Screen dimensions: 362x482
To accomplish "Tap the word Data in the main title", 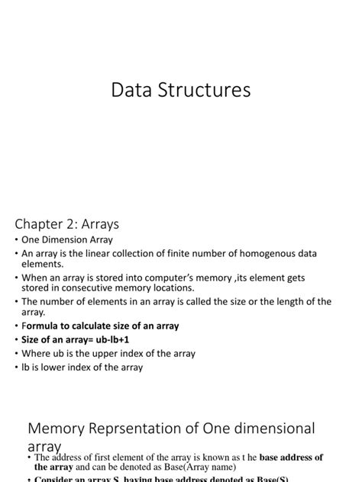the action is [133, 91].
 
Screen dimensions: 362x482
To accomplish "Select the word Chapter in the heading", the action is [45, 224].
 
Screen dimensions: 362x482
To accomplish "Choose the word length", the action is [293, 302].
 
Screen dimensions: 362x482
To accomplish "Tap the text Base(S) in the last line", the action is [273, 479].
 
